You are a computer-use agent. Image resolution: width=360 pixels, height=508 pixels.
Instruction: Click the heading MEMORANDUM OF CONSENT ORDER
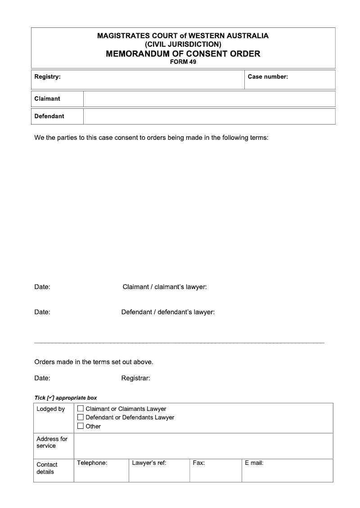pyautogui.click(x=183, y=54)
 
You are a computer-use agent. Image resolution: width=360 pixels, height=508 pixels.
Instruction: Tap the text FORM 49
pyautogui.click(x=183, y=62)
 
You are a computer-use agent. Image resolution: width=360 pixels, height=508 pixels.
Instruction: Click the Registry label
pyautogui.click(x=47, y=77)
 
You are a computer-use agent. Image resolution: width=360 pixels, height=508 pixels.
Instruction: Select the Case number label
pyautogui.click(x=268, y=77)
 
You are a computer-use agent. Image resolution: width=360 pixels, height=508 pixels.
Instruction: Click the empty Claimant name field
pyautogui.click(x=209, y=99)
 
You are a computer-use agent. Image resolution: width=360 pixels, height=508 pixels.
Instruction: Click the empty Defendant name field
pyautogui.click(x=209, y=116)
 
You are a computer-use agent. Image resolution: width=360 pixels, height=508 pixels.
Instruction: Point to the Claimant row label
pyautogui.click(x=47, y=99)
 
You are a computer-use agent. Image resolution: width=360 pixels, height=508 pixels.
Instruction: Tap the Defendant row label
pyautogui.click(x=49, y=116)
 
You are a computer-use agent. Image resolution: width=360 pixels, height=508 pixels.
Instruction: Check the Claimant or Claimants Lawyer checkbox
pyautogui.click(x=81, y=409)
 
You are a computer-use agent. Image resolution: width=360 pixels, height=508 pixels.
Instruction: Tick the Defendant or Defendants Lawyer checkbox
pyautogui.click(x=81, y=417)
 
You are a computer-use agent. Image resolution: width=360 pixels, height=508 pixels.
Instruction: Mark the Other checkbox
pyautogui.click(x=81, y=426)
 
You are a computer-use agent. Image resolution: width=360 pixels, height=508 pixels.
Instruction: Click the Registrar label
pyautogui.click(x=135, y=379)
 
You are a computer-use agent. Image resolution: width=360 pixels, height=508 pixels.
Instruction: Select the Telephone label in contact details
pyautogui.click(x=92, y=463)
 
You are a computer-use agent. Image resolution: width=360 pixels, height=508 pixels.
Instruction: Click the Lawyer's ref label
pyautogui.click(x=149, y=463)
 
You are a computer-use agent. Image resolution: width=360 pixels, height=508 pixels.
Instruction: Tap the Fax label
pyautogui.click(x=198, y=463)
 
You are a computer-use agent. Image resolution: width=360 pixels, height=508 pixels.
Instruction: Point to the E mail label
pyautogui.click(x=254, y=463)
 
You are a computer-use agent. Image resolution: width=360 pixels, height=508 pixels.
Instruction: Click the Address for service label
pyautogui.click(x=52, y=442)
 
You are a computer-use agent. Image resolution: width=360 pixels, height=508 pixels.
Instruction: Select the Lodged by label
pyautogui.click(x=50, y=409)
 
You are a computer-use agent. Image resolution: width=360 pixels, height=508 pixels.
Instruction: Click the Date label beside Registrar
pyautogui.click(x=42, y=379)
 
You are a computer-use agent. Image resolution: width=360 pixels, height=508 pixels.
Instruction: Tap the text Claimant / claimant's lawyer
pyautogui.click(x=165, y=287)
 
